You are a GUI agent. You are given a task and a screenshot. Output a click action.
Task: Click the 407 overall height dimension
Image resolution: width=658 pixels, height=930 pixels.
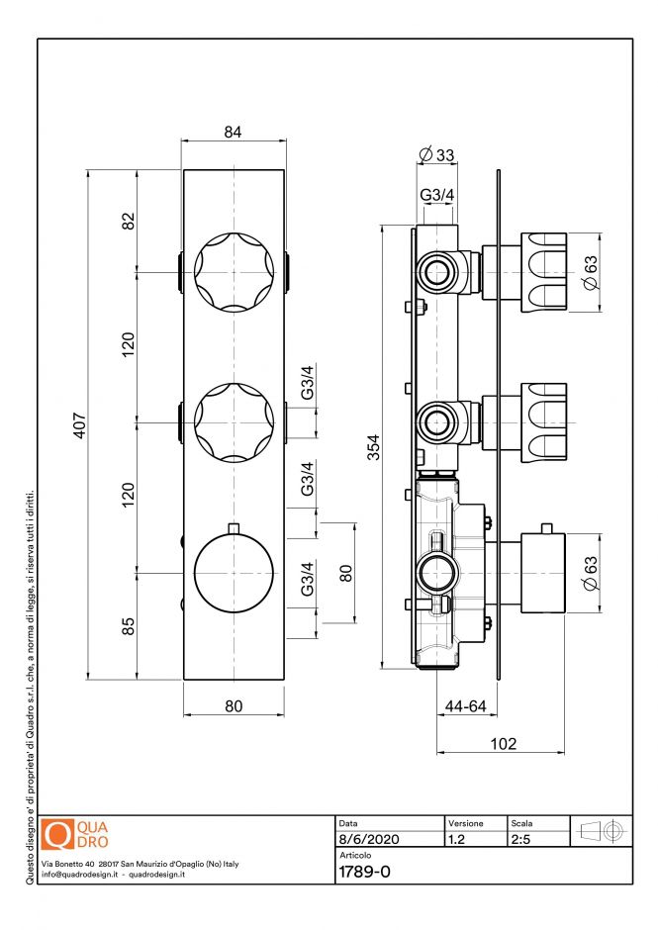tap(82, 425)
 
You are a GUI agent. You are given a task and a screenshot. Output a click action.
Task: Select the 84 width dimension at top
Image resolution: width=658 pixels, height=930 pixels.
tap(234, 133)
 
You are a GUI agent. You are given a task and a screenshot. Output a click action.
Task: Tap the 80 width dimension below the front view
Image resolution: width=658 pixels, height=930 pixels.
tap(234, 706)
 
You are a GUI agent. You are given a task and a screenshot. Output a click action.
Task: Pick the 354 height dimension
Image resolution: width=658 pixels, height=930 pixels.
tap(372, 447)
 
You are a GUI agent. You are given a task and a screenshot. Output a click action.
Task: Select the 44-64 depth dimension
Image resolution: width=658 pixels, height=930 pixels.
tap(465, 706)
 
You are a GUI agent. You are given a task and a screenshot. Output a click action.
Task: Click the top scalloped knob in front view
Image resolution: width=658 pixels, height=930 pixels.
tap(234, 272)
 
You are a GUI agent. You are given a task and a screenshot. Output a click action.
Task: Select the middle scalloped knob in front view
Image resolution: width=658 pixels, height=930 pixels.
tap(234, 421)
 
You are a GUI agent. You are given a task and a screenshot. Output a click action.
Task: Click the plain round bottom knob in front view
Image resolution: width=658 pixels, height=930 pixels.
tap(234, 573)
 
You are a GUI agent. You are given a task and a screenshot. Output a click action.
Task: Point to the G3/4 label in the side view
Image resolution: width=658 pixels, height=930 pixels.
tap(436, 195)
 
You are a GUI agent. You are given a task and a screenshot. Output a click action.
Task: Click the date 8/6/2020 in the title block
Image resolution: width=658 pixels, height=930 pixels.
tap(368, 839)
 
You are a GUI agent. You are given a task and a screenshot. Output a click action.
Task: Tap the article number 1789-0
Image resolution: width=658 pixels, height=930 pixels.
tap(365, 872)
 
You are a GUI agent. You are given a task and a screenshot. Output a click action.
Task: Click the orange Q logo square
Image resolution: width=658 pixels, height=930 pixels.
tap(59, 834)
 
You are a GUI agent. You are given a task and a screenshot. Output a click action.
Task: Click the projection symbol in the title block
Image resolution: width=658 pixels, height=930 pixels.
tap(601, 831)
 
